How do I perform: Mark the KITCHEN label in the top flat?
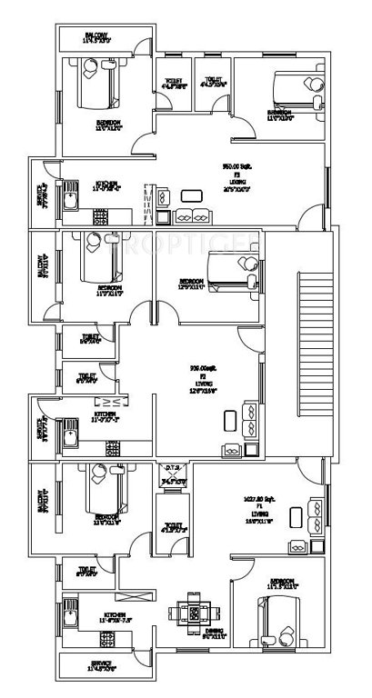click(107, 185)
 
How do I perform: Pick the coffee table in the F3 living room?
click(192, 194)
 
